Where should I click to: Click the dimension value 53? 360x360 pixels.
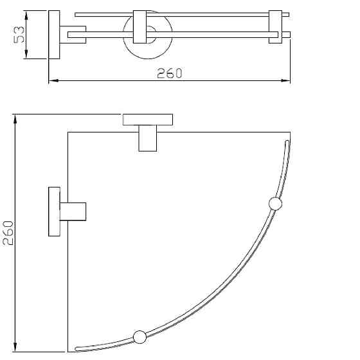[x=20, y=35]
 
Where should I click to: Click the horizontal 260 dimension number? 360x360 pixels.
[x=170, y=73]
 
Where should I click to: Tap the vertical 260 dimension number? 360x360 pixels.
[x=8, y=233]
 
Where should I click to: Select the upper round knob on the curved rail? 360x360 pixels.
[x=275, y=204]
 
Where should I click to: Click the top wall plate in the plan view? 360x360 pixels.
[x=148, y=119]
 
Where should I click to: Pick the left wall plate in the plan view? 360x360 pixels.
[x=54, y=212]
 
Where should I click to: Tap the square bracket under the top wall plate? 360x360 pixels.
[x=148, y=138]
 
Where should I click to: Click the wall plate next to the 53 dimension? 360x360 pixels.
[x=54, y=35]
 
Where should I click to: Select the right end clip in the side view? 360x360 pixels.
[x=276, y=28]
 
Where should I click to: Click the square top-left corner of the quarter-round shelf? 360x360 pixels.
[x=68, y=132]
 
